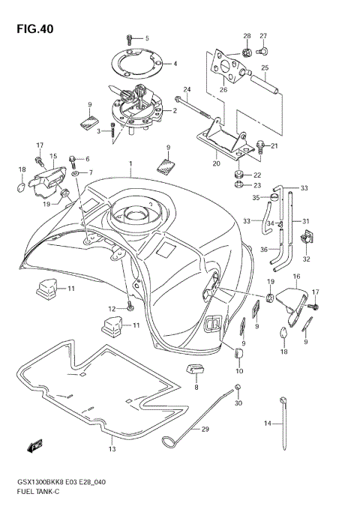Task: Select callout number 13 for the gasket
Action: pyautogui.click(x=112, y=450)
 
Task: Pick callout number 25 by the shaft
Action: pyautogui.click(x=265, y=68)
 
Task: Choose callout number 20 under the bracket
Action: pyautogui.click(x=217, y=162)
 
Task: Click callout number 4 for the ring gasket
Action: pyautogui.click(x=175, y=64)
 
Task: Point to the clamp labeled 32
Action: pyautogui.click(x=306, y=240)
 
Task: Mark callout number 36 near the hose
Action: pyautogui.click(x=264, y=250)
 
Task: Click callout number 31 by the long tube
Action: pyautogui.click(x=306, y=220)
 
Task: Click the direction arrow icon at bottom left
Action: pyautogui.click(x=34, y=448)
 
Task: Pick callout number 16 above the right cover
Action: pyautogui.click(x=296, y=277)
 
